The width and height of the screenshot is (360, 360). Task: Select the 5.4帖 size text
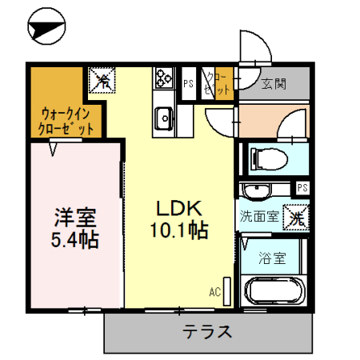[x=75, y=239]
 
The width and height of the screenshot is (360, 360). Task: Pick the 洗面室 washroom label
[x=259, y=216]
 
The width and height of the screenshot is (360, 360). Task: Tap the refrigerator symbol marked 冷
[x=102, y=80]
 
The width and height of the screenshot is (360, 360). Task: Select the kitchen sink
[x=165, y=117]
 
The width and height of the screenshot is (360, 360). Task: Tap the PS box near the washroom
[x=302, y=188]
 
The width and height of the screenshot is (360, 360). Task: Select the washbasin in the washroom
[x=257, y=192]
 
